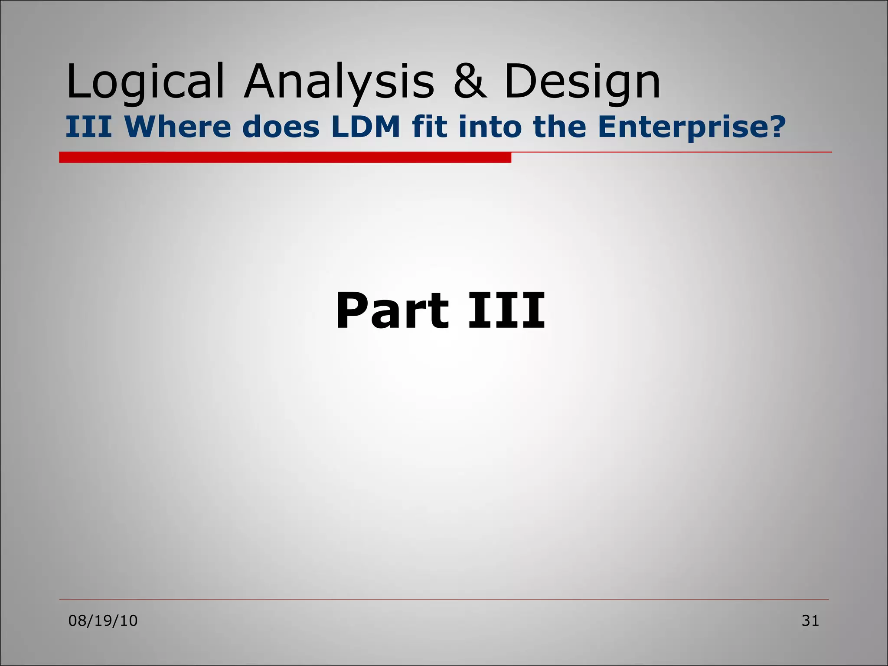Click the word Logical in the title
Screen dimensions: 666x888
click(x=145, y=82)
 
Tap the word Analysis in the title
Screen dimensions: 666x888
click(x=339, y=82)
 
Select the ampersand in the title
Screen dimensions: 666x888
click(x=470, y=82)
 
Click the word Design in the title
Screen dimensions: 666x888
click(x=582, y=82)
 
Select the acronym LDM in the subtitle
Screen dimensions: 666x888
click(x=366, y=127)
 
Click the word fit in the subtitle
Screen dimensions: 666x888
click(x=430, y=127)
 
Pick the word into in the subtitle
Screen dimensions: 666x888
click(x=490, y=127)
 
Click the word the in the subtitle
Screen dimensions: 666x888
click(x=559, y=127)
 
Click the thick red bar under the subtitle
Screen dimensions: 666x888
click(x=285, y=157)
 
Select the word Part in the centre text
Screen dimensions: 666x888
click(x=392, y=310)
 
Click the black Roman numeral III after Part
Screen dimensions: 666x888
click(x=506, y=310)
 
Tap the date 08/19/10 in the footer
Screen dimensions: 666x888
click(x=103, y=621)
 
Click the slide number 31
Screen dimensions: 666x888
click(x=810, y=621)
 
